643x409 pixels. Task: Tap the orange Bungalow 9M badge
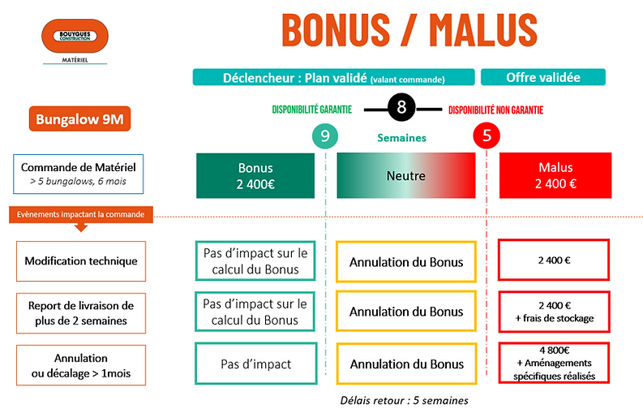79,120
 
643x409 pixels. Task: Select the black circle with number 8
402,108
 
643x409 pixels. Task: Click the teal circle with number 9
325,136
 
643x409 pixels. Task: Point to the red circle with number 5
486,136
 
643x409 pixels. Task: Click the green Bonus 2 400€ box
255,174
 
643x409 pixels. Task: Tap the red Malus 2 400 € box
556,174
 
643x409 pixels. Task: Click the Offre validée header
542,77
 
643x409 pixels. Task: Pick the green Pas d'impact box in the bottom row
255,364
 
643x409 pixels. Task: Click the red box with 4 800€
556,364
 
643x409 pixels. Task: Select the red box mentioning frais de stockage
556,312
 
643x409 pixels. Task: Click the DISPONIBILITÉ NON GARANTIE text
495,110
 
